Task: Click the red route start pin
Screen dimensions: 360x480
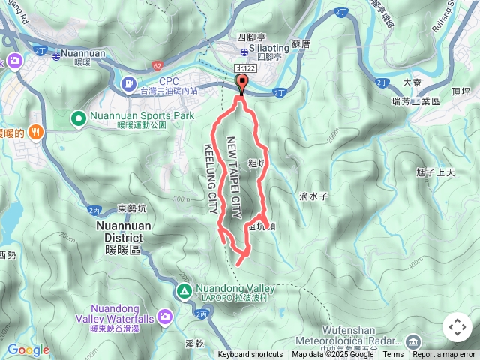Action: (241, 84)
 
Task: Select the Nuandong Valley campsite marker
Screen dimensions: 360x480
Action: (184, 290)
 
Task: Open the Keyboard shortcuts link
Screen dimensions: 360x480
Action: (250, 355)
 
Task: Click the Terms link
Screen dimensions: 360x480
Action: (392, 355)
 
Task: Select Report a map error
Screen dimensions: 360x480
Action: (445, 355)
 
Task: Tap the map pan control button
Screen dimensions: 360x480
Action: (457, 327)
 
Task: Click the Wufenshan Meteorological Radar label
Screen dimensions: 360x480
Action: (356, 335)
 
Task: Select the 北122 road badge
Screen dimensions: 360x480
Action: (241, 69)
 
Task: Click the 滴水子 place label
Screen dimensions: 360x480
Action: (313, 196)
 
